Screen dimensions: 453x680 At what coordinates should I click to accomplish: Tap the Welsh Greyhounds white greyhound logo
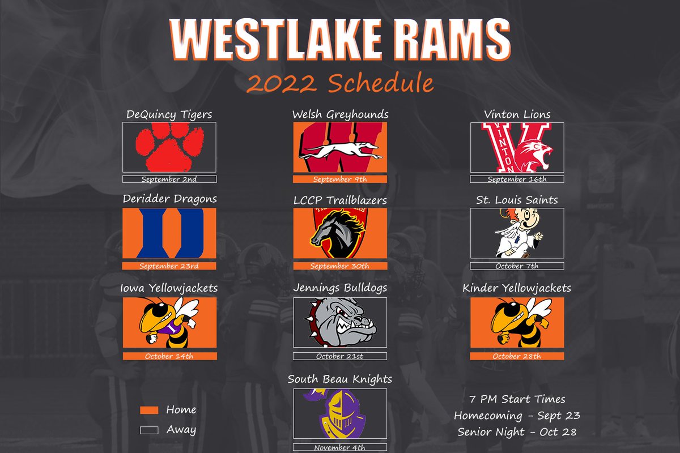(340, 150)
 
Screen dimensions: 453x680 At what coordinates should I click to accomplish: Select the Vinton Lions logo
(517, 148)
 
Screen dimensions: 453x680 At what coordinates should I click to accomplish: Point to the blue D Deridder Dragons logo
(169, 233)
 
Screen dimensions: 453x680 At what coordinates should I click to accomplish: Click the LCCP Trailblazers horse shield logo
(338, 233)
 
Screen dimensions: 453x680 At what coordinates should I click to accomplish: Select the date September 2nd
(169, 180)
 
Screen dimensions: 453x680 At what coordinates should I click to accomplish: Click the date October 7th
(517, 266)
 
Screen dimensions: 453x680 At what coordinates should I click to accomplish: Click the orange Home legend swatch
(149, 410)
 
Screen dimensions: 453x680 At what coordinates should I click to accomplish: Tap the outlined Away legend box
(149, 430)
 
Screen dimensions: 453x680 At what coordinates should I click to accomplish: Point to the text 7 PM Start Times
(517, 399)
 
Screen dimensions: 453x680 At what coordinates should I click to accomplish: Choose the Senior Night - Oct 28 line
(517, 431)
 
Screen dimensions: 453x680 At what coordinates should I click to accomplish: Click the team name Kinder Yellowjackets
(517, 288)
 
